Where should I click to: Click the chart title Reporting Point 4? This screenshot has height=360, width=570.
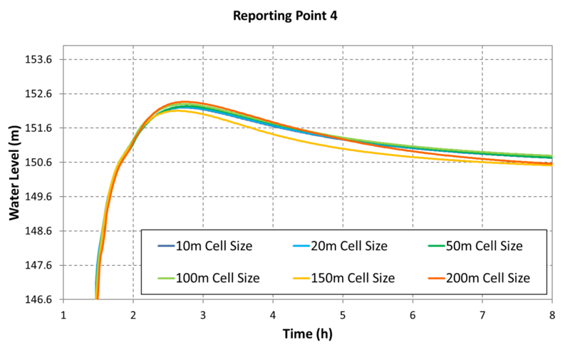point(285,16)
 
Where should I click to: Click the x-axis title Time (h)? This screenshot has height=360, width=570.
point(306,333)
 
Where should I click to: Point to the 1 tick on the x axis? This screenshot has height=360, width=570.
point(63,314)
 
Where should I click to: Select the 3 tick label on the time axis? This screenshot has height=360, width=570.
point(203,314)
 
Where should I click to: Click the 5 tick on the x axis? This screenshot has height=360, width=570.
point(343,314)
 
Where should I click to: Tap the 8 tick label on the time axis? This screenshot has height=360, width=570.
point(552,314)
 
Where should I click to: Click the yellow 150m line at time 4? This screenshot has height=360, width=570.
point(273,133)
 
